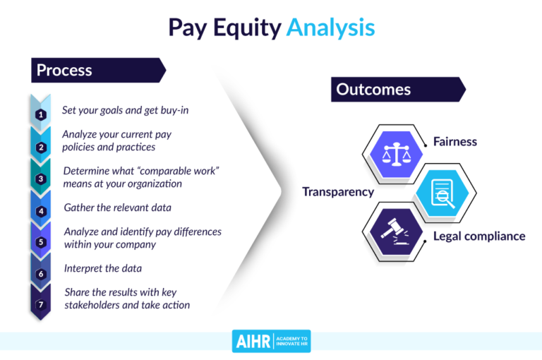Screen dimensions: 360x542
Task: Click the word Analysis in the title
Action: tap(330, 28)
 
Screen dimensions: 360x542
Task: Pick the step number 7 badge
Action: tap(41, 305)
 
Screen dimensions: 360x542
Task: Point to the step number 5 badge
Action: tap(41, 242)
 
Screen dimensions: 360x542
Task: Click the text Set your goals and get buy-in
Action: tap(126, 111)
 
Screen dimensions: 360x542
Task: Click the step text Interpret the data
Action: tap(103, 268)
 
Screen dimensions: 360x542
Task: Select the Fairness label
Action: tap(454, 141)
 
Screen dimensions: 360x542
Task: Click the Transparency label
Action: tap(338, 192)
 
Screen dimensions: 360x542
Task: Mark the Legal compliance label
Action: tap(478, 236)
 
